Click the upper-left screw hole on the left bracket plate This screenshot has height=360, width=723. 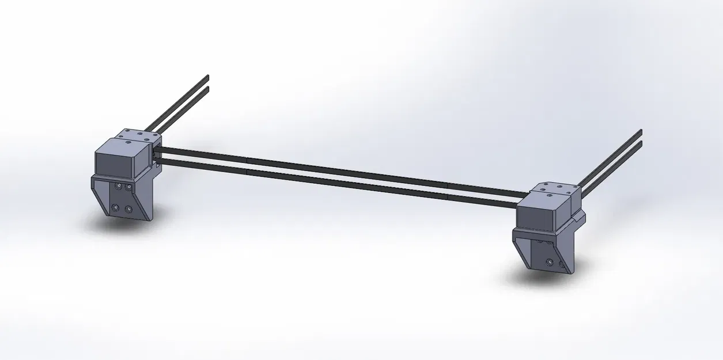(x=118, y=187)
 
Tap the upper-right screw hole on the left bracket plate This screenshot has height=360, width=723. (x=128, y=187)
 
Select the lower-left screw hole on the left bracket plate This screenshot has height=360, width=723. (x=116, y=206)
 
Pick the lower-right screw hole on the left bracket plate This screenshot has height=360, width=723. (x=128, y=209)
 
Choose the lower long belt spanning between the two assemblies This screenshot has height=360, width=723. (x=346, y=180)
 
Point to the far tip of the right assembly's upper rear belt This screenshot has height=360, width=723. (x=640, y=131)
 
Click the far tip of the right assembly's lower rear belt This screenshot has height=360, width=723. (x=640, y=142)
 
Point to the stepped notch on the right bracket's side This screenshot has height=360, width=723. (x=579, y=218)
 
